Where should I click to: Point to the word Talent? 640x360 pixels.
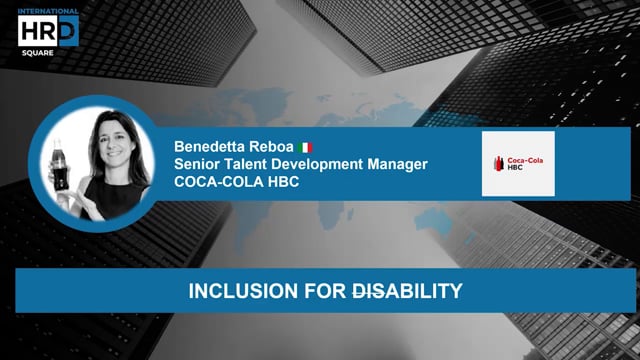[x=254, y=164]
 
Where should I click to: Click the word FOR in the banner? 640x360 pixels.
[x=303, y=292]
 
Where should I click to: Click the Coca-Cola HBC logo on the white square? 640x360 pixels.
[x=517, y=164]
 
